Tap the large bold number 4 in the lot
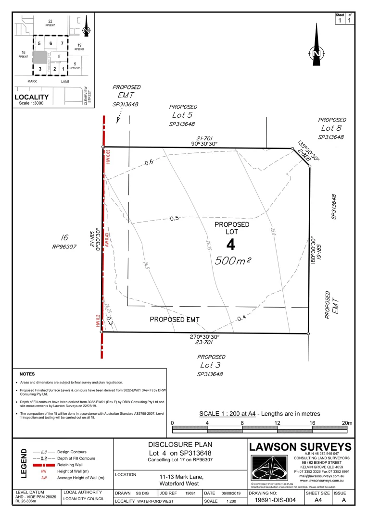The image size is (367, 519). pos(231,245)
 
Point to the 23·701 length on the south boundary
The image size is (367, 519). pos(205,343)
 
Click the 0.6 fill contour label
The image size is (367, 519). pos(149,162)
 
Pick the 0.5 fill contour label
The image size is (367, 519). pos(174,218)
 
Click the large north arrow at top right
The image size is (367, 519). pos(316,46)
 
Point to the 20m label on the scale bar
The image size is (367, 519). pos(347,422)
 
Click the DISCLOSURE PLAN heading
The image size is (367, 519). pos(179,445)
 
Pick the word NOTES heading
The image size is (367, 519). pos(27,373)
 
